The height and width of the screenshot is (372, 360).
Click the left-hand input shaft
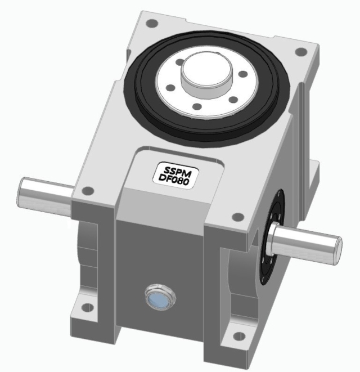coord(45,192)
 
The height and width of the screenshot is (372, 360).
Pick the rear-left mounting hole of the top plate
coord(151,24)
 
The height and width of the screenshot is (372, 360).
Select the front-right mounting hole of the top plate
coord(237,216)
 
